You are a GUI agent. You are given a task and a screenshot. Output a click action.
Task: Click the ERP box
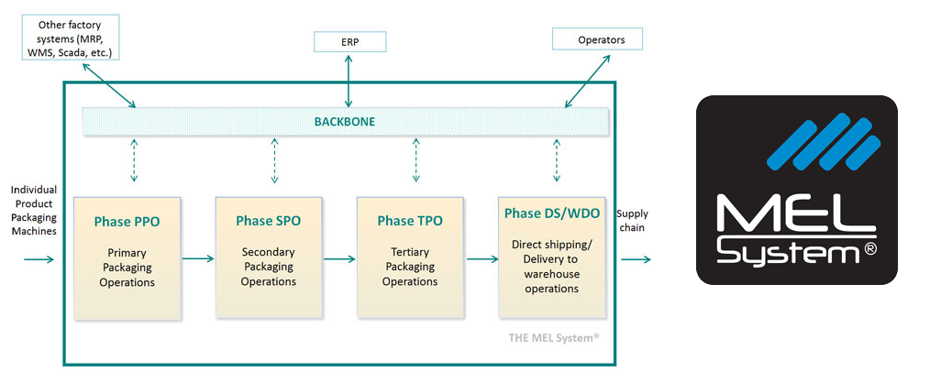click(x=349, y=42)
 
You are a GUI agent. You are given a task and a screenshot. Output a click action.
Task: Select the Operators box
click(x=597, y=39)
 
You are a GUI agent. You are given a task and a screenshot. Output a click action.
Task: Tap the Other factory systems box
click(x=70, y=37)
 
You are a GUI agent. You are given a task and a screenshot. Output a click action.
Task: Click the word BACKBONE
click(x=344, y=121)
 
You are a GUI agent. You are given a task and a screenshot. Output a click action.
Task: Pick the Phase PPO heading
click(x=127, y=222)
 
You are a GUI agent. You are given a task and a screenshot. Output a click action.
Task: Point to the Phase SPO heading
click(x=269, y=221)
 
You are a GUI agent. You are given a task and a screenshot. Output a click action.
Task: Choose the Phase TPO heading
click(x=410, y=221)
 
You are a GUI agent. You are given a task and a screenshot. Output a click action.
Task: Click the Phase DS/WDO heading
click(x=552, y=214)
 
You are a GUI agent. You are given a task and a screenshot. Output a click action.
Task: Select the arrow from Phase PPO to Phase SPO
click(x=198, y=259)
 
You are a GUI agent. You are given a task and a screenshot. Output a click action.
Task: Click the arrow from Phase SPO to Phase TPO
click(x=339, y=259)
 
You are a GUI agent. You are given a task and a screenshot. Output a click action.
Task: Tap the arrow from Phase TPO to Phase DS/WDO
click(x=482, y=259)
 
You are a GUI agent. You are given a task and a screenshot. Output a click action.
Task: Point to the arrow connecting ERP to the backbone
click(x=349, y=80)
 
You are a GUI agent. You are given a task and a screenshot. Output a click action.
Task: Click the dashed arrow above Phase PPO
click(x=134, y=160)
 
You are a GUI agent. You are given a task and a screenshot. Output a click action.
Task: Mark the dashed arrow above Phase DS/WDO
click(x=557, y=160)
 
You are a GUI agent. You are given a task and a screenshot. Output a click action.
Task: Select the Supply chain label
click(x=632, y=220)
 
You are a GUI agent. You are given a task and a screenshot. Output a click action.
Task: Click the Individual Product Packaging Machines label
click(x=34, y=210)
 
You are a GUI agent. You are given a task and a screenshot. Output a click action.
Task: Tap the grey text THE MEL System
click(x=554, y=338)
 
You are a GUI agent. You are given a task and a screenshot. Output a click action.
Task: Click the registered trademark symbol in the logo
click(x=869, y=249)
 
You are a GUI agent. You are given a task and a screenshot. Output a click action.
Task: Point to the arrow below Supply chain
click(x=636, y=260)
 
